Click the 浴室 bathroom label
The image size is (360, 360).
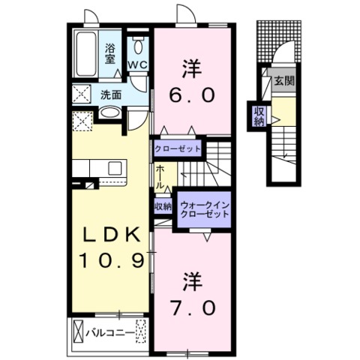tap(109, 53)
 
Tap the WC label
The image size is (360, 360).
tap(137, 65)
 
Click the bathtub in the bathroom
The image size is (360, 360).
tap(85, 54)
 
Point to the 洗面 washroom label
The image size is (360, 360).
tap(111, 95)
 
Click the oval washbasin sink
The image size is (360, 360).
tap(110, 112)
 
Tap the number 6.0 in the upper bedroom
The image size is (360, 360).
tap(192, 95)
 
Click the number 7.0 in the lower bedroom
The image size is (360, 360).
tap(193, 307)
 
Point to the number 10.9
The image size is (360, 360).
tap(112, 261)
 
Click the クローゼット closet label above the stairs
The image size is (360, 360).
tap(178, 149)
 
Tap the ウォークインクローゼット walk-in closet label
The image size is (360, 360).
tap(204, 210)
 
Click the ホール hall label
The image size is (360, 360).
tap(160, 177)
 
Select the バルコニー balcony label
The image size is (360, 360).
tap(110, 333)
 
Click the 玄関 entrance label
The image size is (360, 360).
tap(284, 81)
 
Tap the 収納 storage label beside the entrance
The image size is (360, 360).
tap(259, 116)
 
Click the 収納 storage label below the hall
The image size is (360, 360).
tap(163, 206)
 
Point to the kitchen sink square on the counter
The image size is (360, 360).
tap(115, 168)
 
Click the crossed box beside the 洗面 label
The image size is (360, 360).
tap(82, 94)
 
